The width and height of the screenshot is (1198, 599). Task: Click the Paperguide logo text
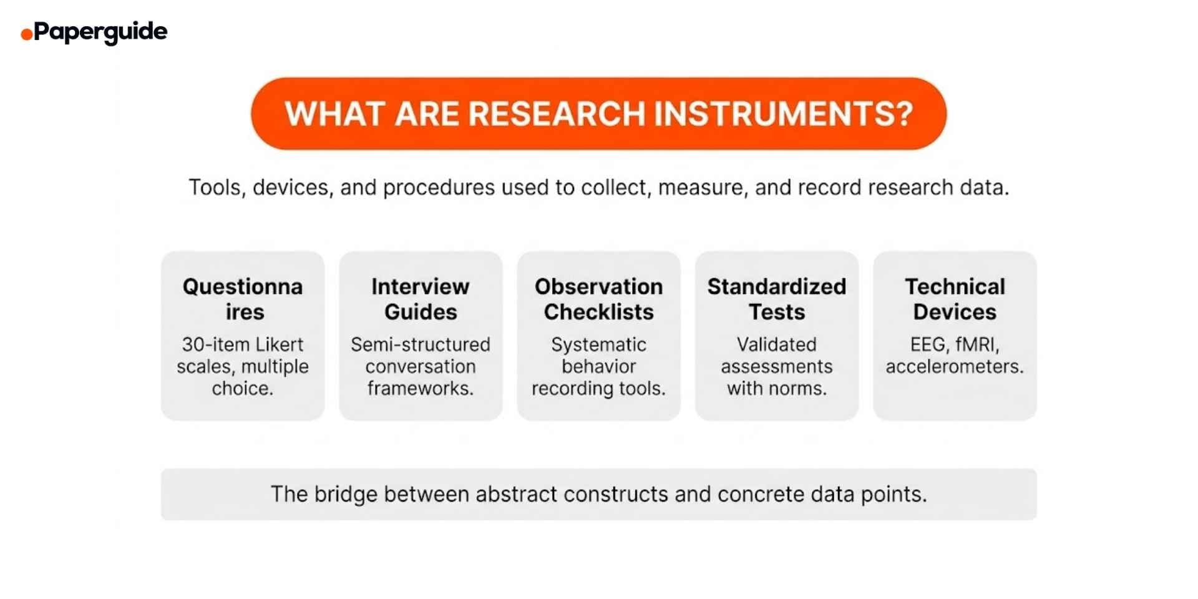pos(100,31)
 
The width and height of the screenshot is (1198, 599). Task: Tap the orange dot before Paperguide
pos(26,34)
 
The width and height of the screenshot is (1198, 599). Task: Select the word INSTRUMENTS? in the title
pos(783,114)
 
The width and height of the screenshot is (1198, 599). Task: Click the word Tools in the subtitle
pos(215,187)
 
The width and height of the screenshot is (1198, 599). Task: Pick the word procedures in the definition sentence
pos(439,187)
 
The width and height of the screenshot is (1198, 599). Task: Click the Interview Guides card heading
pos(420,299)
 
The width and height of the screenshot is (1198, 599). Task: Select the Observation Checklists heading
pos(598,299)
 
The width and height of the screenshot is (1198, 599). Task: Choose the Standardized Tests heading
pos(776,299)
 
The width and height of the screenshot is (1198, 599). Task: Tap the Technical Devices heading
pos(955,299)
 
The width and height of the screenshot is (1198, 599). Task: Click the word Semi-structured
pos(420,344)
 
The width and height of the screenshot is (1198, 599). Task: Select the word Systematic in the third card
pos(598,344)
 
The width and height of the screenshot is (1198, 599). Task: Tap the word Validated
pos(776,344)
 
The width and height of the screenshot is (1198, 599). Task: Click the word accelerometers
pos(954,366)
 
